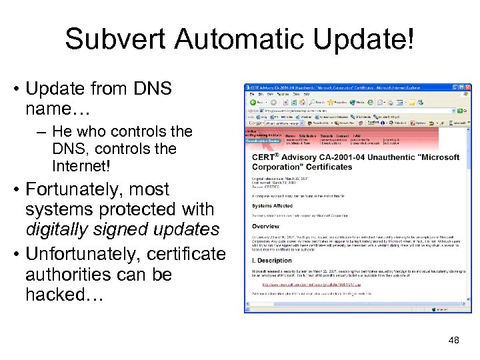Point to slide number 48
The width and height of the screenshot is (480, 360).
point(454,341)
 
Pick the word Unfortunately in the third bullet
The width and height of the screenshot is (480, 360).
point(76,254)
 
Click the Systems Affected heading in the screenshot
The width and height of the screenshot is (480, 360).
point(271,206)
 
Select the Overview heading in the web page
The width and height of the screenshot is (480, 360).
point(265,226)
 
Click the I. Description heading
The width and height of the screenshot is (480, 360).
point(271,261)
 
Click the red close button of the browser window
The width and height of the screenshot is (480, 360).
point(467,89)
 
